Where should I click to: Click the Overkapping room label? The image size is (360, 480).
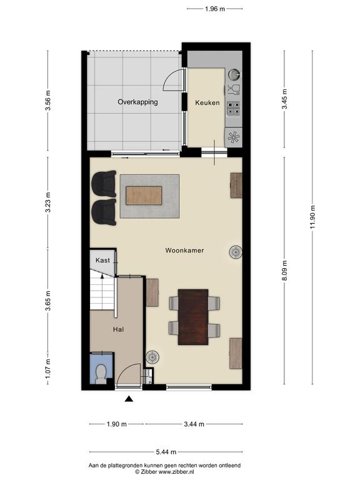pos(137,102)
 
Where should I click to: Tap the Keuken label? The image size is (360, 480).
pos(207,102)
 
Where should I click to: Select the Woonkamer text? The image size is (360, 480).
pos(184,250)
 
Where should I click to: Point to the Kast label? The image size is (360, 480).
pos(102,260)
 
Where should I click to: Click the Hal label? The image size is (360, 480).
pos(119,329)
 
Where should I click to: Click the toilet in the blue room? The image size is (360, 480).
pos(101,374)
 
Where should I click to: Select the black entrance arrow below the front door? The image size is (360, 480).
pos(129,399)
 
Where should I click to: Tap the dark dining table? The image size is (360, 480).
pos(193,317)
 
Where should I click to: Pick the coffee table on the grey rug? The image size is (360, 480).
pos(144,196)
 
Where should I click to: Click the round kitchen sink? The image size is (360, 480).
pos(234,74)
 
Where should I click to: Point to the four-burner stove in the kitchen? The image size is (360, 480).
pos(233,108)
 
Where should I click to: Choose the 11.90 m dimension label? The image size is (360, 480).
pos(312,217)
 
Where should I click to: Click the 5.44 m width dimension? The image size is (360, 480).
pos(166,452)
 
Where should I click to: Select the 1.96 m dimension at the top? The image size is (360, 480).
pos(215,9)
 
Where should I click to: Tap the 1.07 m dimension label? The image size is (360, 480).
pos(47,369)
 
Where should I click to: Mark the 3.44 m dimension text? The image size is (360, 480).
pos(194,424)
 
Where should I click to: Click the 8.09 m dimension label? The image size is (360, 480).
pos(285,270)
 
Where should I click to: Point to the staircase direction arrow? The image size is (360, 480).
pos(102,276)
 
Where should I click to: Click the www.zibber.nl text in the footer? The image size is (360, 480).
pos(176,472)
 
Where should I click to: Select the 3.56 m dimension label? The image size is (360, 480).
pos(47,101)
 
